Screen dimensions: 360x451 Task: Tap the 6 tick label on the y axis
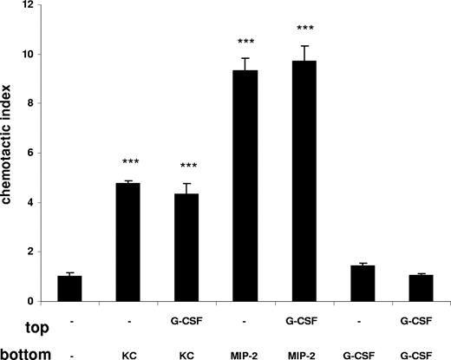pos(30,154)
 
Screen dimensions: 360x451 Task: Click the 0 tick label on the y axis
pos(30,302)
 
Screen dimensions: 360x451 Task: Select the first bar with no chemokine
pos(69,288)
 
